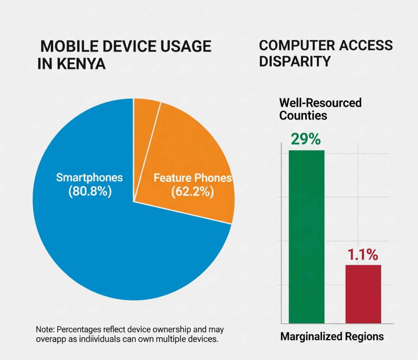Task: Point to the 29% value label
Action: pos(306,139)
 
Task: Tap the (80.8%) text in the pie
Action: pos(90,191)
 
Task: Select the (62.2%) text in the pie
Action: pos(192,192)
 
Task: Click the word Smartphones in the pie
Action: pos(89,177)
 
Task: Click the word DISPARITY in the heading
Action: pos(295,61)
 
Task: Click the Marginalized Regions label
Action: pos(332,337)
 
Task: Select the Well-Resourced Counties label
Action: pos(320,108)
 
